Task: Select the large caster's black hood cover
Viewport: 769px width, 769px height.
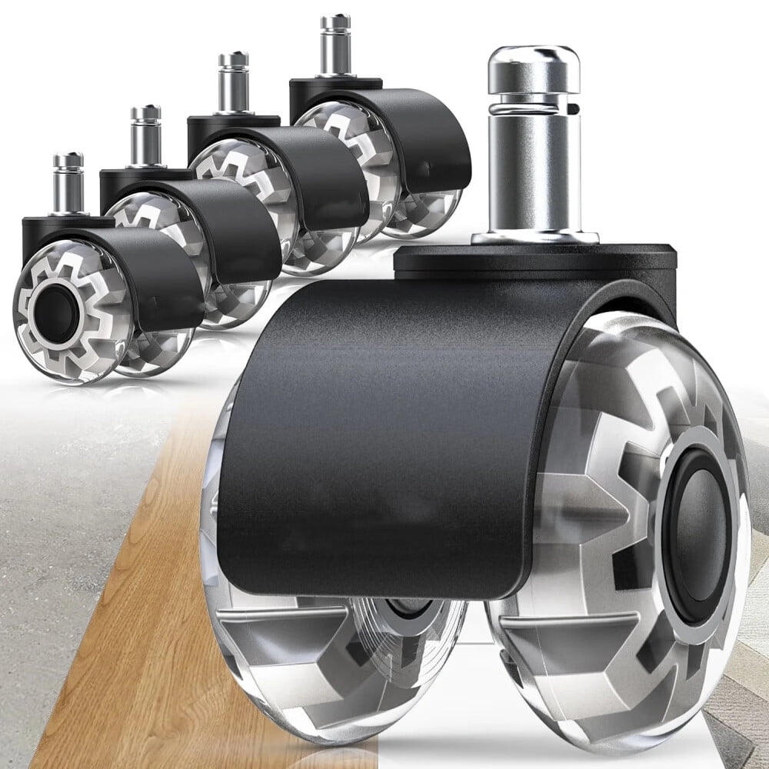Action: (x=384, y=431)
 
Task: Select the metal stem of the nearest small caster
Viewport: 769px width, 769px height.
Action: (x=68, y=185)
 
